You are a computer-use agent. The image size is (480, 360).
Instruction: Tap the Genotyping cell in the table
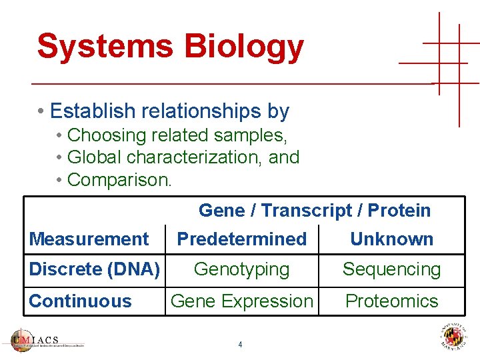pos(241,269)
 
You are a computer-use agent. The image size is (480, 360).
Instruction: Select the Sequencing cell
pos(391,269)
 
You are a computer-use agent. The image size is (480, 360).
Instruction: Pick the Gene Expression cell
pos(241,301)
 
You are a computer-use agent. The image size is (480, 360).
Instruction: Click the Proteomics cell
pos(391,301)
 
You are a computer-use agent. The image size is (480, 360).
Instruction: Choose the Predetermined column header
pos(241,239)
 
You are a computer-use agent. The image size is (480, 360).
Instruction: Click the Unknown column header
pos(391,239)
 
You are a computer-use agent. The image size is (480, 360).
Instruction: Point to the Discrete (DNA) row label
pos(94,269)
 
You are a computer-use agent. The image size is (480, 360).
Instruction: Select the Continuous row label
pos(80,301)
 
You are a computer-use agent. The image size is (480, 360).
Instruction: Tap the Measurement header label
pos(89,239)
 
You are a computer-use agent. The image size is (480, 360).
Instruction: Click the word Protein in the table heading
pos(399,211)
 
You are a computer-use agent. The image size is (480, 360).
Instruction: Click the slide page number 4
pos(240,345)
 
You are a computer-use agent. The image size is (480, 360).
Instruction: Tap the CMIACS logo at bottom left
pos(47,340)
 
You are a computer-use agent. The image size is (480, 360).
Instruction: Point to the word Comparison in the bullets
pos(119,180)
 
